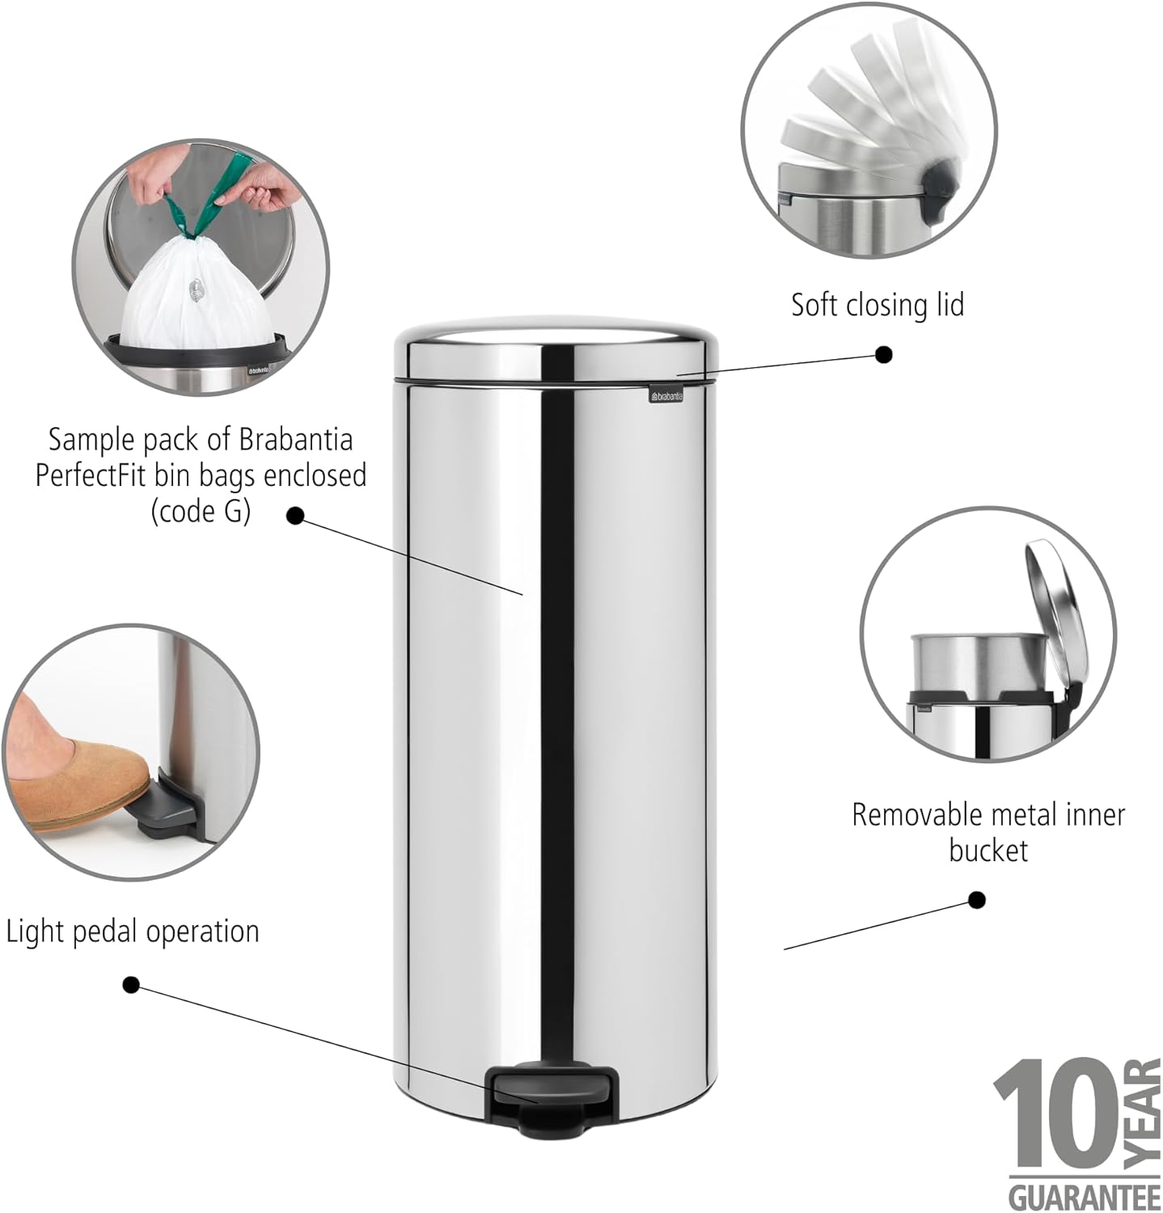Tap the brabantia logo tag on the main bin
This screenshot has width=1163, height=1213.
coord(666,395)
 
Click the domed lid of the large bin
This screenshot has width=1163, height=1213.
coord(556,351)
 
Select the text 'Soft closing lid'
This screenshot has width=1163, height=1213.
coord(878,305)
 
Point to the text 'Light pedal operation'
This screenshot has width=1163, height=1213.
coord(133,932)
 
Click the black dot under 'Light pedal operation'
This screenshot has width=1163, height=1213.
coord(131,985)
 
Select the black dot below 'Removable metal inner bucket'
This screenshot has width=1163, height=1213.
coord(977,900)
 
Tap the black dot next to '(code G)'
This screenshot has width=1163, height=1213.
coord(295,515)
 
